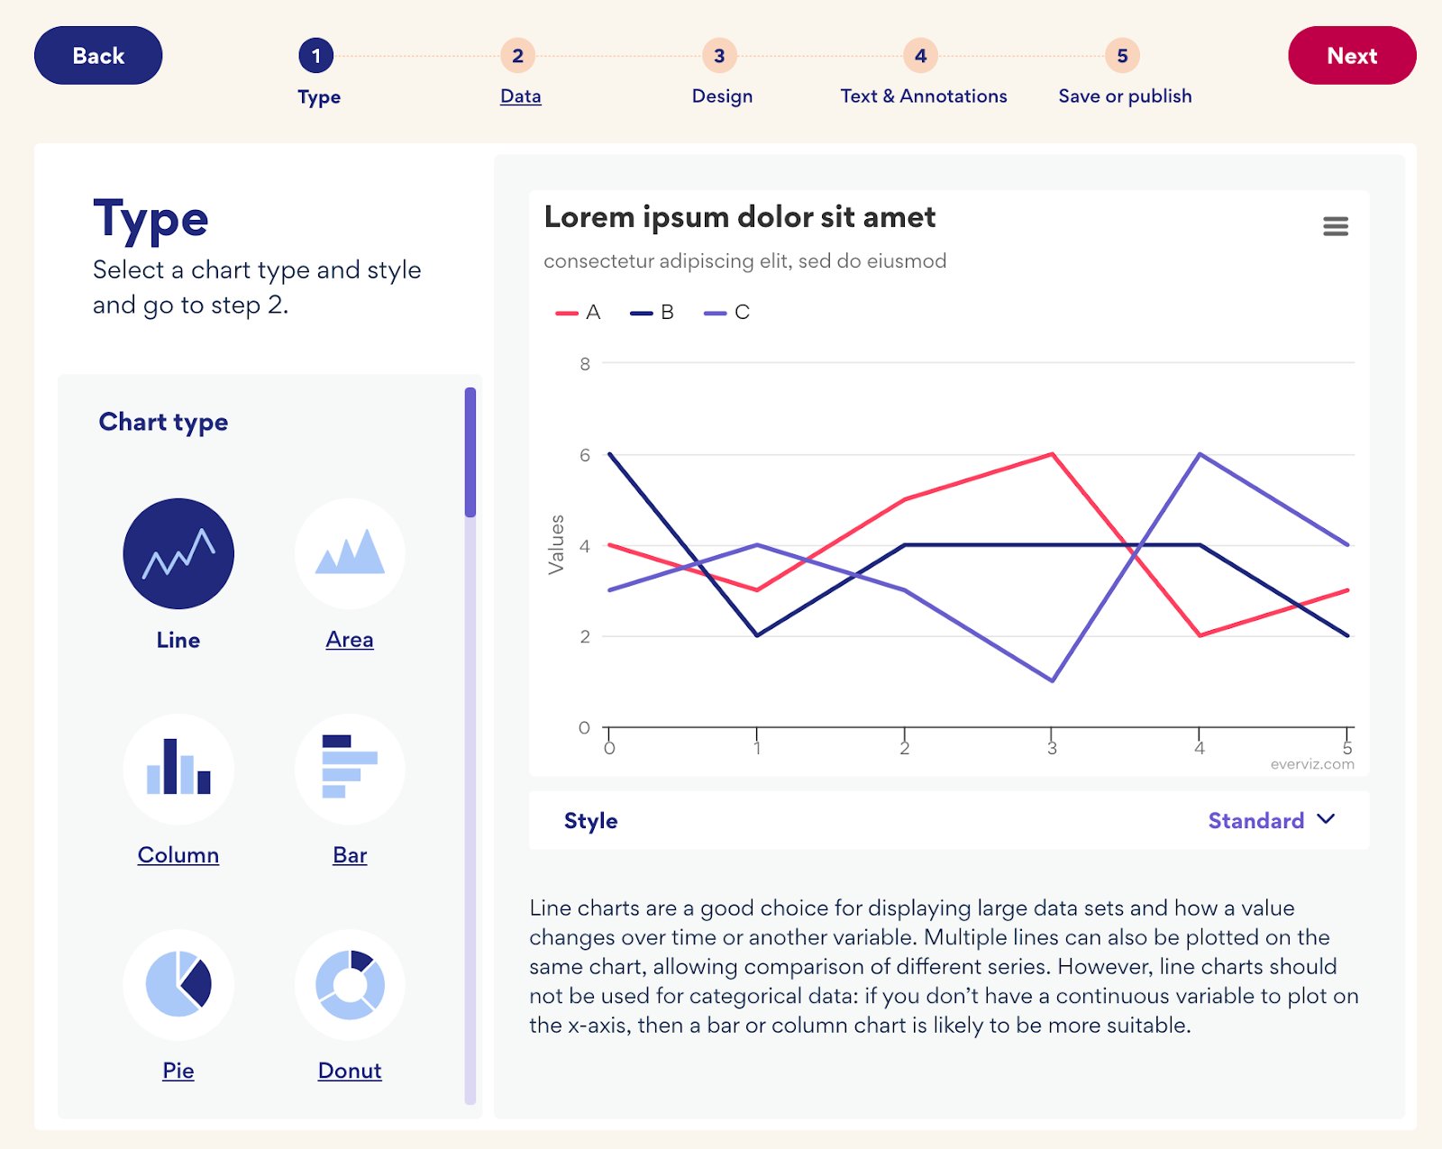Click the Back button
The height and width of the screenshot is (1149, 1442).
click(98, 56)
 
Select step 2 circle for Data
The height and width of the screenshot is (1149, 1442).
click(517, 56)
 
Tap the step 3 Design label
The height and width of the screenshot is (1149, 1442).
click(722, 96)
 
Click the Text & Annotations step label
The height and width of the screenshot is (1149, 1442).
click(923, 96)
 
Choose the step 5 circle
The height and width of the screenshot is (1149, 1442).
click(1122, 56)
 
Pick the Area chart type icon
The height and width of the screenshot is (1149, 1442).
click(350, 553)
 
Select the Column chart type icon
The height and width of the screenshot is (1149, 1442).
click(178, 769)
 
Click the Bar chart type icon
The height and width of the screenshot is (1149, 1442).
click(350, 769)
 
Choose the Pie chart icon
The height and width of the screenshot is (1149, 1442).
click(178, 984)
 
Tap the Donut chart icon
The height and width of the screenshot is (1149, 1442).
click(350, 984)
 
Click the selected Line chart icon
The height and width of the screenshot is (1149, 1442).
click(178, 553)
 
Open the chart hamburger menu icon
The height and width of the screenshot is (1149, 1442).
click(1336, 226)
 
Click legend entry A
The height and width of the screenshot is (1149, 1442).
click(579, 313)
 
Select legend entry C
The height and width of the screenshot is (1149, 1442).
click(727, 313)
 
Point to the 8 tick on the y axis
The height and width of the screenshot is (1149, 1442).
click(585, 364)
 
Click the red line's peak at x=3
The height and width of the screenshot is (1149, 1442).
click(1052, 454)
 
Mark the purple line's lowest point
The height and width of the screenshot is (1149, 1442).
click(1052, 680)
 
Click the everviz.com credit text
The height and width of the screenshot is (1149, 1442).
click(1311, 764)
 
